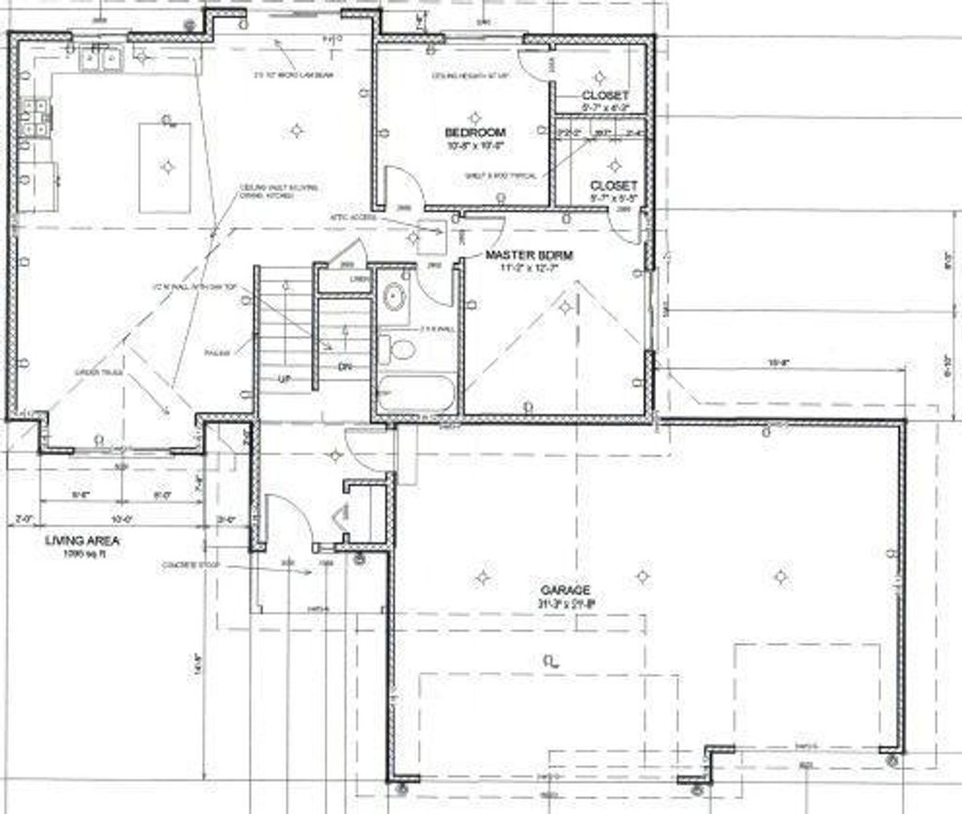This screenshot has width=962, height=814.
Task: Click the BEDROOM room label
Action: [x=474, y=132]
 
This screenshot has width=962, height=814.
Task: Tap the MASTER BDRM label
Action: [x=529, y=254]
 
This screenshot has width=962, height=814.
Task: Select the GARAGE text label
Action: [x=565, y=590]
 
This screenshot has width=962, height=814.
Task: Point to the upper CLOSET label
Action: [x=604, y=96]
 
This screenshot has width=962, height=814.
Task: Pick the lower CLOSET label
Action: [x=613, y=186]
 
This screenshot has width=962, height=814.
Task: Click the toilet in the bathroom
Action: [x=401, y=350]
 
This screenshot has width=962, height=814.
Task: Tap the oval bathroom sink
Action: [x=395, y=298]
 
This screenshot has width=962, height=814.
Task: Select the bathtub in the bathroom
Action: [x=416, y=393]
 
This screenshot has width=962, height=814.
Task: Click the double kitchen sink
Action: [x=101, y=61]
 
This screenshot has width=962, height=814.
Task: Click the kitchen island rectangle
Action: [x=165, y=167]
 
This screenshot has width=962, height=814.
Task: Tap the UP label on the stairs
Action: [x=285, y=378]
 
